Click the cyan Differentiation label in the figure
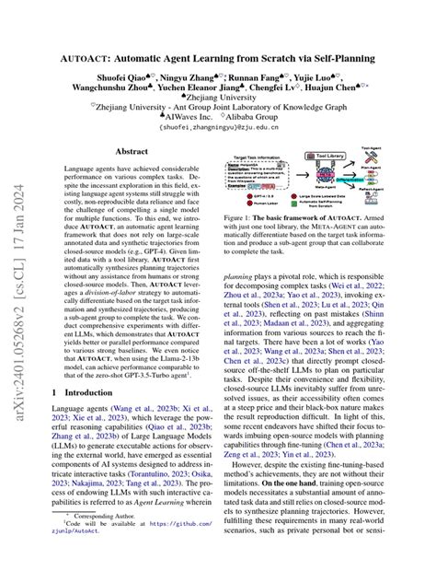pos(347,178)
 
